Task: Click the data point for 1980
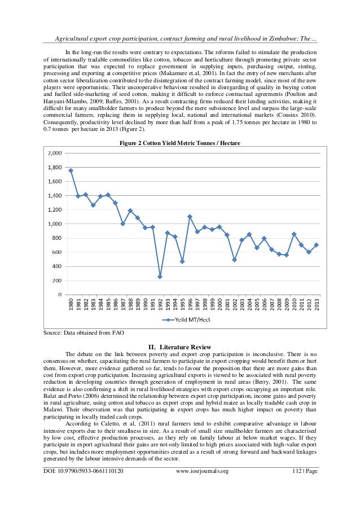[x=71, y=170]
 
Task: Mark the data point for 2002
[x=234, y=260]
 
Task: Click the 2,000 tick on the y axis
[x=55, y=153]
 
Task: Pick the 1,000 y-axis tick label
[x=55, y=224]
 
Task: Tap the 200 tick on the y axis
[x=57, y=280]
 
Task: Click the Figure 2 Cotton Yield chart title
[x=179, y=143]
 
